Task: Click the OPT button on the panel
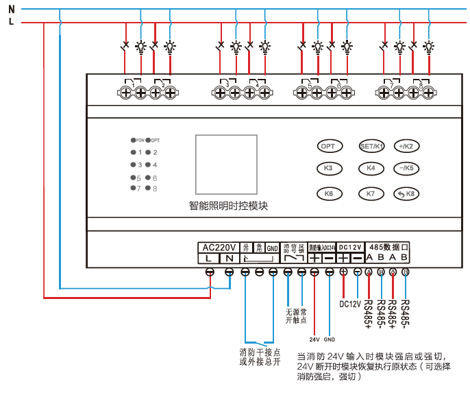tap(329, 146)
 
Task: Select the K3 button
tap(329, 168)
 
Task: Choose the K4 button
tap(371, 168)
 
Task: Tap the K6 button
tap(329, 193)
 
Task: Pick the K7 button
tap(371, 193)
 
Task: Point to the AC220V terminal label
tap(219, 247)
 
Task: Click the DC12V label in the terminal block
tap(350, 247)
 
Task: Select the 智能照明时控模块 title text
tap(228, 206)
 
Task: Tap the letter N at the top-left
tap(11, 9)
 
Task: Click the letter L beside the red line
tap(11, 23)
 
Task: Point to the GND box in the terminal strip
tap(273, 247)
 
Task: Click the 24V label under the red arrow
tap(314, 339)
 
